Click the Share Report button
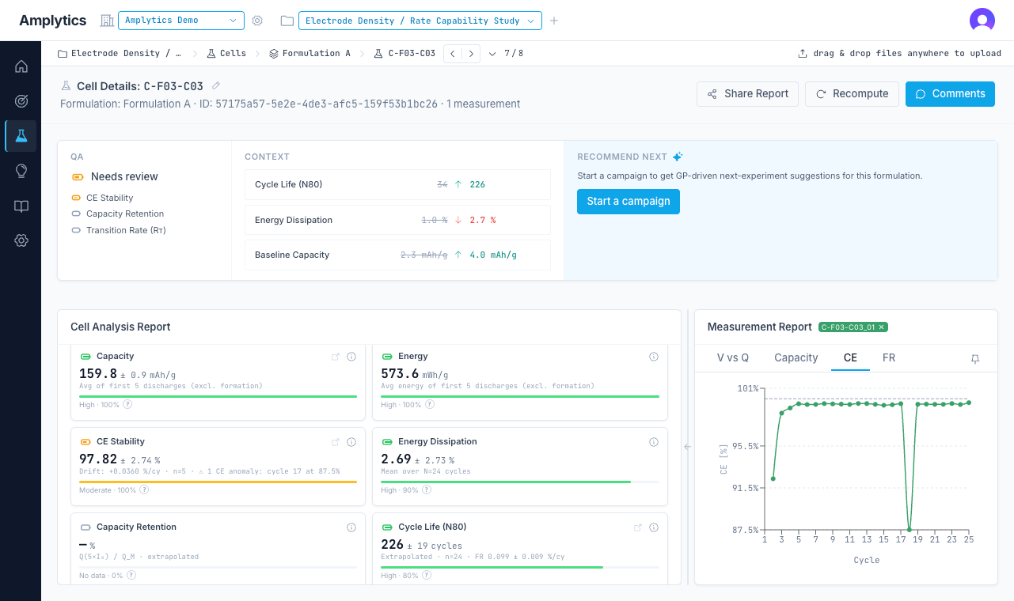point(747,94)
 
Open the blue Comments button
point(950,94)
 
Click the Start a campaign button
point(629,201)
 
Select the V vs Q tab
point(732,357)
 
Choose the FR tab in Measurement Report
point(889,357)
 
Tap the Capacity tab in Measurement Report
point(796,357)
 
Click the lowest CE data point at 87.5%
point(909,530)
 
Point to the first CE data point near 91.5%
point(773,478)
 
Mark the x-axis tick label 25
point(969,539)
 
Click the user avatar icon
point(982,21)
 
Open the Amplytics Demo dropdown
point(181,21)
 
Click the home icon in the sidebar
point(21,66)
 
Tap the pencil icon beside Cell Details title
point(216,85)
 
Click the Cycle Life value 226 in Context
point(477,184)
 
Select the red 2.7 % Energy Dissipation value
point(483,220)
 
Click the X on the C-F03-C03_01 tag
point(881,327)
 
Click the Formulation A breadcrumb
point(316,53)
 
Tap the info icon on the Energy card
point(653,357)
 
